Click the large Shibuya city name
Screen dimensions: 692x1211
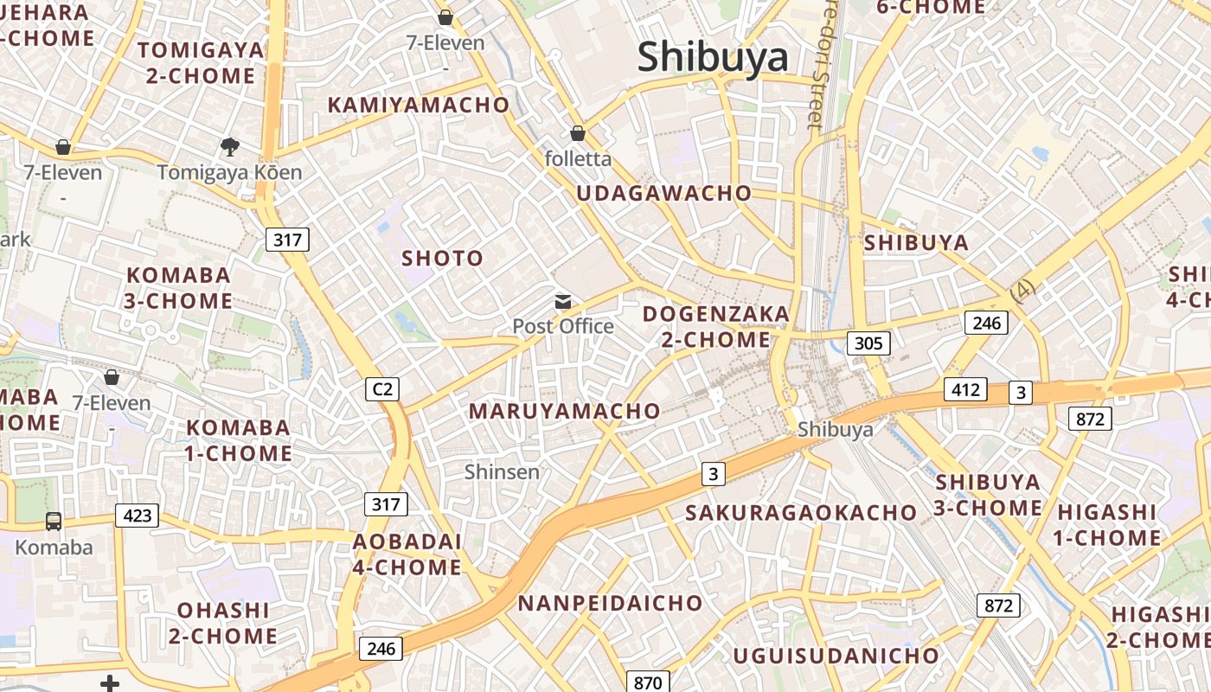tap(713, 58)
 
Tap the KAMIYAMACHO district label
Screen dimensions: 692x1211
tap(419, 106)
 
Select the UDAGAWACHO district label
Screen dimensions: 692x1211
tap(663, 194)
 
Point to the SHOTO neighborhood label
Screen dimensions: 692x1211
tap(442, 259)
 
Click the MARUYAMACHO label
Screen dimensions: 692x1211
tap(564, 412)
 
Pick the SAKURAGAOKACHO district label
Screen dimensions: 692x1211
tap(800, 513)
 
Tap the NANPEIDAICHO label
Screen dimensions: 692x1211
tap(610, 603)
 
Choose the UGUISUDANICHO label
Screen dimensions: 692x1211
tap(836, 656)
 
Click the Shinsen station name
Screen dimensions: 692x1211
tap(502, 472)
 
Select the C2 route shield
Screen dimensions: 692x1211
tap(382, 390)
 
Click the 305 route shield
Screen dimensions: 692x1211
tap(868, 343)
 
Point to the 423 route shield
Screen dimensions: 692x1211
tap(138, 516)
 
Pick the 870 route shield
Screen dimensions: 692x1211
tap(647, 682)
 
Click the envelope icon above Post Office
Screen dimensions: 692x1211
tap(563, 302)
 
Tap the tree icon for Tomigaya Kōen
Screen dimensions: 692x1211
tap(229, 147)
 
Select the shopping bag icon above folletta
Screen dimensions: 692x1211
tap(577, 133)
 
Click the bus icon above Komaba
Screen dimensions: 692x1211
tap(54, 521)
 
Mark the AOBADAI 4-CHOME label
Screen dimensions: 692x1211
tap(407, 554)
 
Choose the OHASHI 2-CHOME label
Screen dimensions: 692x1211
tap(223, 623)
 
